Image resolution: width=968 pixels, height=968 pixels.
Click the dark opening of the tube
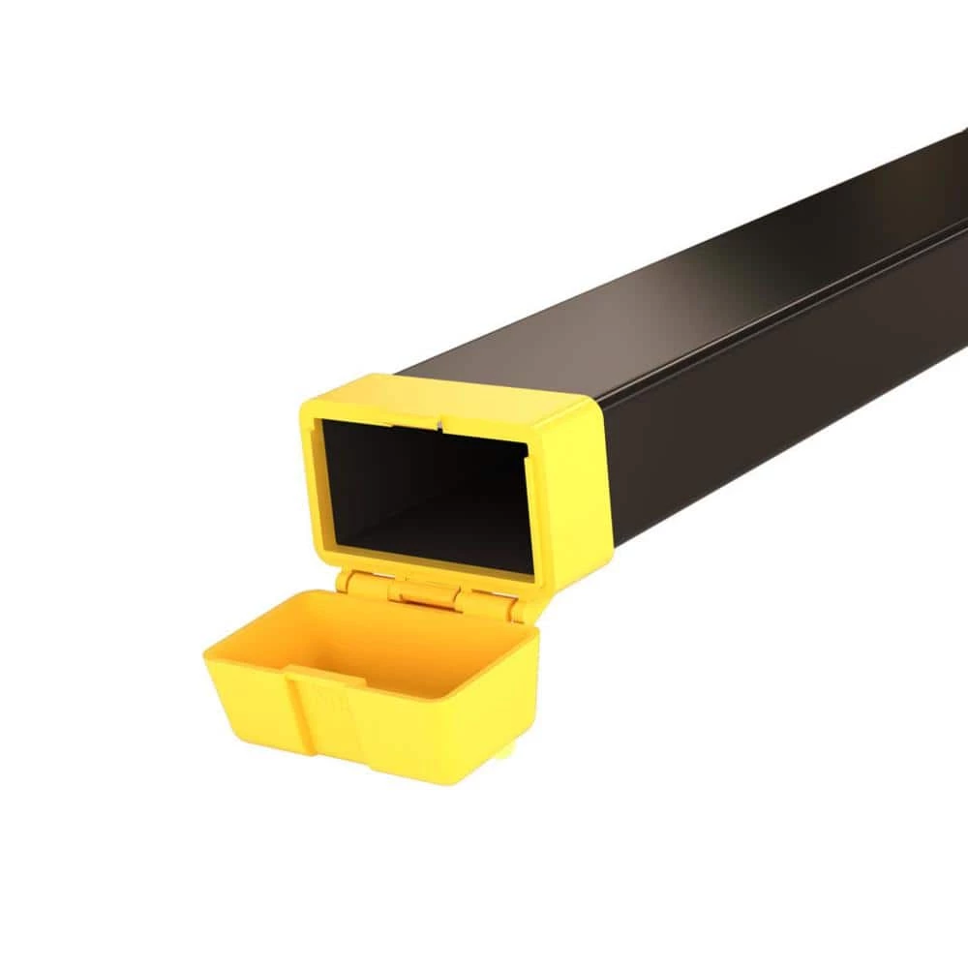pos(426,484)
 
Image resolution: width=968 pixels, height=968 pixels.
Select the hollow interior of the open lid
pos(387,649)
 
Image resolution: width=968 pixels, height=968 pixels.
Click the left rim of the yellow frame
pos(315,484)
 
